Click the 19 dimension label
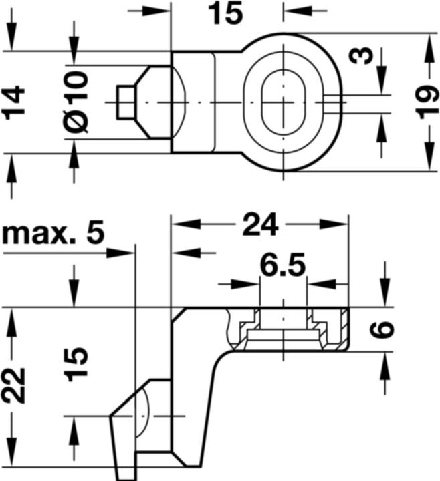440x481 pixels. click(x=429, y=102)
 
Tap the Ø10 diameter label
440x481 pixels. click(x=76, y=102)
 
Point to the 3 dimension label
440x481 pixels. click(x=362, y=56)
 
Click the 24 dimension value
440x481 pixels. click(x=260, y=224)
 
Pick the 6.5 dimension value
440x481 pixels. click(x=283, y=264)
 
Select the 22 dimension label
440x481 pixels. click(x=13, y=385)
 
